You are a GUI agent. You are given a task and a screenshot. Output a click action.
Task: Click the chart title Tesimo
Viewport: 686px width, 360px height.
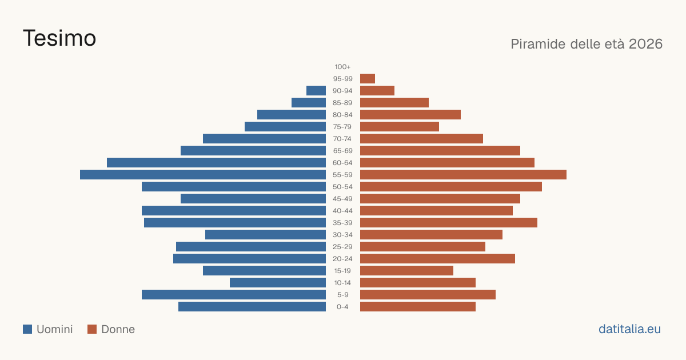pos(59,38)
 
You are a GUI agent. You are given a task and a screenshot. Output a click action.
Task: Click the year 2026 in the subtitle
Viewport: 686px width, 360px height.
pos(645,44)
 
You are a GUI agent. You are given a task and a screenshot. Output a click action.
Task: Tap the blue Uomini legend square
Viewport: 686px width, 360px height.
pos(27,329)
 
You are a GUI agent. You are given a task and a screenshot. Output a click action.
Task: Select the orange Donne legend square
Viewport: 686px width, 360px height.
pos(92,329)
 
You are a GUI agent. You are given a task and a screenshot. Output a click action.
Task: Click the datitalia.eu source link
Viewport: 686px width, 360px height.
pos(629,329)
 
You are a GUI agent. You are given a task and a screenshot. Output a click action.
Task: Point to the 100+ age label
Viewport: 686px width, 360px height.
pos(342,67)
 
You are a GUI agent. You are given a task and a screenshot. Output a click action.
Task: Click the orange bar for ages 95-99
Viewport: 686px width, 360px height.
pos(368,79)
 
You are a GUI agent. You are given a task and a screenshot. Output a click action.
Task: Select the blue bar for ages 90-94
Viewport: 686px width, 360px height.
pos(316,91)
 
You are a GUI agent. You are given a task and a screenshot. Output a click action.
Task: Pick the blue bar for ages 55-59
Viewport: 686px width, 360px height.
pos(203,175)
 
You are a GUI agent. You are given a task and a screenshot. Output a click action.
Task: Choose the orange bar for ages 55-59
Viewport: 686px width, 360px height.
pos(464,175)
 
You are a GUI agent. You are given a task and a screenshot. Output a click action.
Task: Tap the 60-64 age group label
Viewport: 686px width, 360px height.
pos(342,163)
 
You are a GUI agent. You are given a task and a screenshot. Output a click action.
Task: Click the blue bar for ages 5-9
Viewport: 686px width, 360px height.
pos(234,295)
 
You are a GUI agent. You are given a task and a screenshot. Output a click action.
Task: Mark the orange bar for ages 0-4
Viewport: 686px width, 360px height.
pos(418,307)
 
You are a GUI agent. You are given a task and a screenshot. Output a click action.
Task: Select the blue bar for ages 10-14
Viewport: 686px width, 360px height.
pos(278,283)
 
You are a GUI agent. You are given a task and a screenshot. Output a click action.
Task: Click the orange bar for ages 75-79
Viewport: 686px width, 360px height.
pos(400,127)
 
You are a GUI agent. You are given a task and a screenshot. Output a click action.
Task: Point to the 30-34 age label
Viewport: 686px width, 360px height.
pos(342,235)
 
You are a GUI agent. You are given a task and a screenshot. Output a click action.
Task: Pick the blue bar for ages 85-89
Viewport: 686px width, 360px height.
pos(309,103)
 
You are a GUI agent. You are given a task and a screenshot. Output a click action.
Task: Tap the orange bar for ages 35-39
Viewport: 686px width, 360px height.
pos(449,223)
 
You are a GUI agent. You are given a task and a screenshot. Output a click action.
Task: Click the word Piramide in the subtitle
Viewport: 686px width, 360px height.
pos(538,44)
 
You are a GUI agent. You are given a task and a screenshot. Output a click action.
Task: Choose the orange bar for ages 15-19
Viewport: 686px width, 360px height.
pos(406,271)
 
